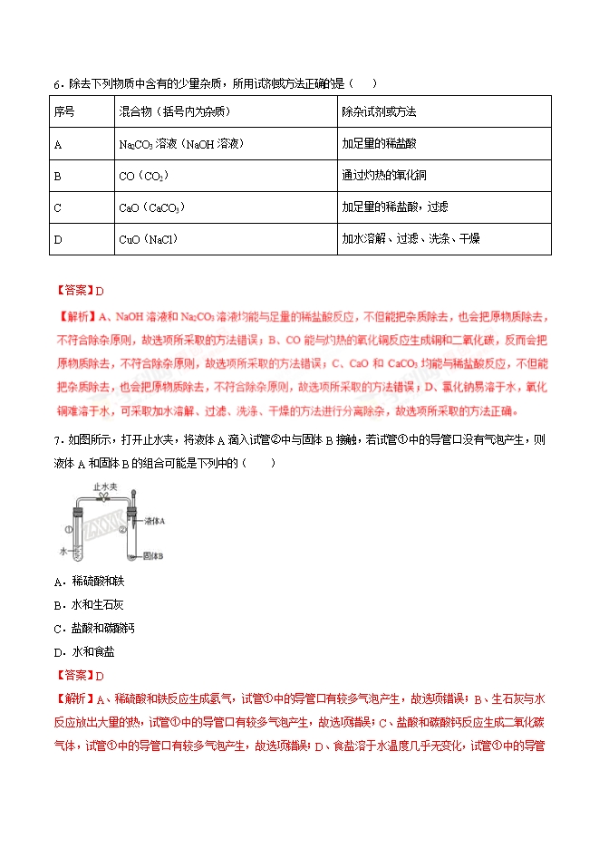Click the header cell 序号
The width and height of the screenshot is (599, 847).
click(x=64, y=112)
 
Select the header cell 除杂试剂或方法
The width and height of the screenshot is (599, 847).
click(x=379, y=112)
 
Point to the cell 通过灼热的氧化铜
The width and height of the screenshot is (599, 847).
click(x=385, y=176)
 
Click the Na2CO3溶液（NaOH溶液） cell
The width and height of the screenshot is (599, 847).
click(x=182, y=144)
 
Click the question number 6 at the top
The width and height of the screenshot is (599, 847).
click(x=55, y=84)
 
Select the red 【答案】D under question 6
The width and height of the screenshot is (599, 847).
click(x=81, y=291)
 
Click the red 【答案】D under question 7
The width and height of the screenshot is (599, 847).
click(x=81, y=675)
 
